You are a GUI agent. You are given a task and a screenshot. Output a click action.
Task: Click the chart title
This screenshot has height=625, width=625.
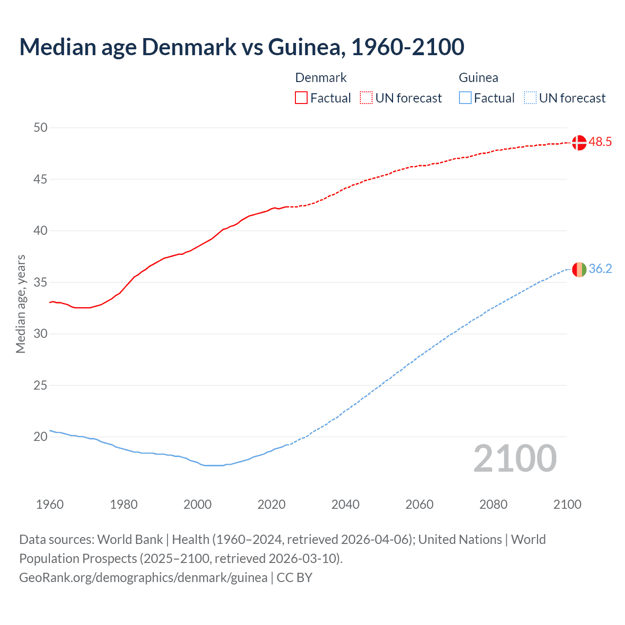pos(242,47)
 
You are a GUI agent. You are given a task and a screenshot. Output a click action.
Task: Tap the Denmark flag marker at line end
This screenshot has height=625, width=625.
pos(579,143)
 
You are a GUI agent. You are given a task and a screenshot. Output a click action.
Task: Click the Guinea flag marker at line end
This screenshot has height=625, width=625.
pos(579,269)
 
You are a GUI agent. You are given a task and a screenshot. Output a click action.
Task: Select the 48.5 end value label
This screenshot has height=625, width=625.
pos(600,142)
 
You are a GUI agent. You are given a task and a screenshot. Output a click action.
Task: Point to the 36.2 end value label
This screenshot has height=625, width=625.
pos(600,269)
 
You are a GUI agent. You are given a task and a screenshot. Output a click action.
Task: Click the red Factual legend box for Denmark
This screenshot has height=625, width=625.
pos(301,98)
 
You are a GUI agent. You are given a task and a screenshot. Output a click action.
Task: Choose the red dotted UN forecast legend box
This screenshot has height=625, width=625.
pos(366,98)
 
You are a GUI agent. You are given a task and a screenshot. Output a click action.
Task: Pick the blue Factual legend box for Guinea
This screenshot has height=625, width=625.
pos(465,98)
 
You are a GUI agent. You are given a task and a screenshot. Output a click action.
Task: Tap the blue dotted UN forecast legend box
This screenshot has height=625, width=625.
pos(530,98)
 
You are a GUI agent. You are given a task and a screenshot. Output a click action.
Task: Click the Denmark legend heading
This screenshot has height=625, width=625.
pos(321,78)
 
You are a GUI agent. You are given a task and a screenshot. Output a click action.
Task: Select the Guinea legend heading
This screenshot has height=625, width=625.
pos(479,78)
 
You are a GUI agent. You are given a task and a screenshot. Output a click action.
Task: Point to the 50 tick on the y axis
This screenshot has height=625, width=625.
pos(41,128)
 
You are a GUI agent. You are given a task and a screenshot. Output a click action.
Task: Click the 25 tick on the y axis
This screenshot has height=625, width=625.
pos(41,385)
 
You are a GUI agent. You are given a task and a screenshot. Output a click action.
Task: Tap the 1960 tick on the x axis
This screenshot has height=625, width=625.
pos(50,504)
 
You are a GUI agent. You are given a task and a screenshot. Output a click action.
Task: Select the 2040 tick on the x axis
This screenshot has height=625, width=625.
pos(345,504)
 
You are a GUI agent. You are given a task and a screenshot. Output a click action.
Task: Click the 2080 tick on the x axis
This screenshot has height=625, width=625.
pos(493,504)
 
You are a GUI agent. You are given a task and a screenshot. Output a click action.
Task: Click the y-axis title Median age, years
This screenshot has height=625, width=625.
pos(21,304)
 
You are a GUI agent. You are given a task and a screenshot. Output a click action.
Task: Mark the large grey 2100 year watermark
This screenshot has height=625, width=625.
pos(515,458)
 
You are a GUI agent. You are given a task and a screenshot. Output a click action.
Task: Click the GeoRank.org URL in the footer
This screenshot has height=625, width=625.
pos(143,578)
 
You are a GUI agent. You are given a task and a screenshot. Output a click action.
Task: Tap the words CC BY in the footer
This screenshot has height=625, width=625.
pos(294,578)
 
